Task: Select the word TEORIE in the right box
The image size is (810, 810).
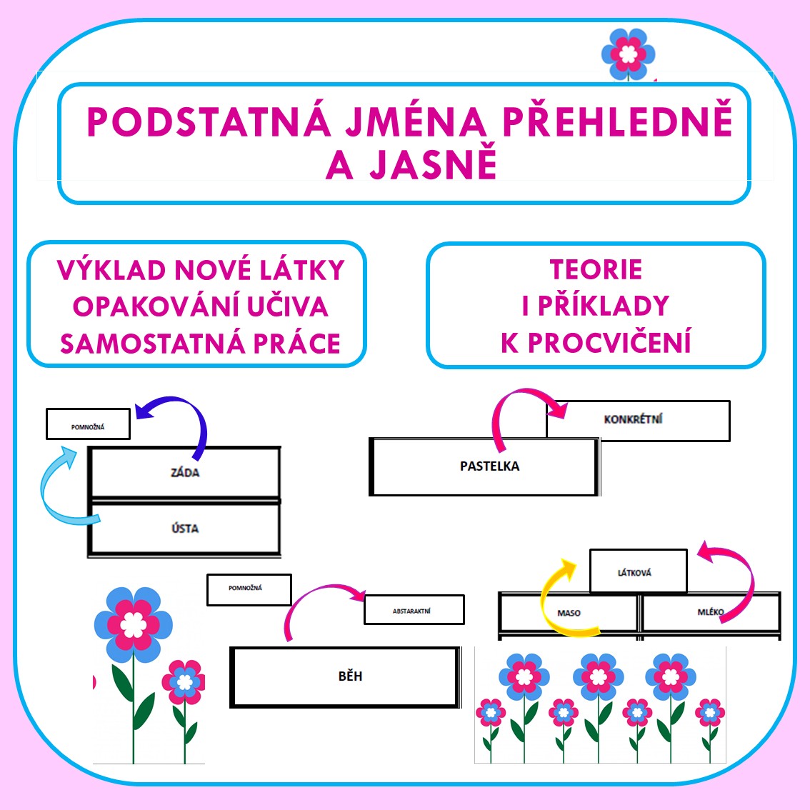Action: click(596, 270)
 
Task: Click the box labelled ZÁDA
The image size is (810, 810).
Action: click(184, 472)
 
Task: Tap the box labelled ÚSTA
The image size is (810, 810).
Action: click(184, 529)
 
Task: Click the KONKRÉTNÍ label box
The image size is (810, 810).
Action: click(638, 420)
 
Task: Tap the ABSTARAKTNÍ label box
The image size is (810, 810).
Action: click(414, 610)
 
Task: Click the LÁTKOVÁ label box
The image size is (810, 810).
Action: click(638, 571)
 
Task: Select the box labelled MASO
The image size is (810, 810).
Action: click(569, 613)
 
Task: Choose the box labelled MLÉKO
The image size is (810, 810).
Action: click(711, 612)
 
